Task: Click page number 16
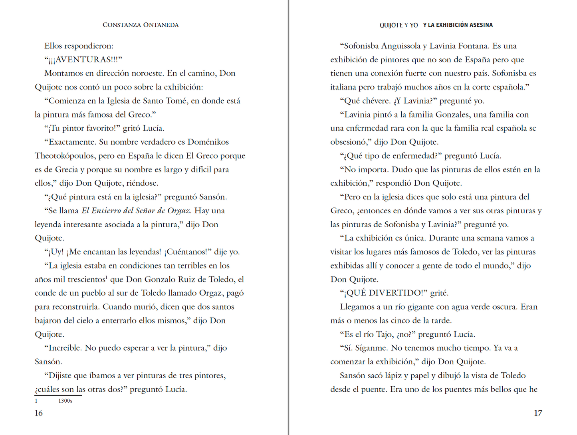click(39, 413)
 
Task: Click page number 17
click(538, 413)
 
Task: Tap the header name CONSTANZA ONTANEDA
click(141, 25)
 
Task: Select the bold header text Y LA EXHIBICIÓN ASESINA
click(458, 25)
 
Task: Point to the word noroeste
click(144, 73)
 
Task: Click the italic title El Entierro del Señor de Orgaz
click(136, 211)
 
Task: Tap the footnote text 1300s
click(65, 401)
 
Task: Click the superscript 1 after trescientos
click(107, 277)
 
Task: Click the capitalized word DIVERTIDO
click(396, 293)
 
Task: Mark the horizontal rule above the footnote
click(58, 395)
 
